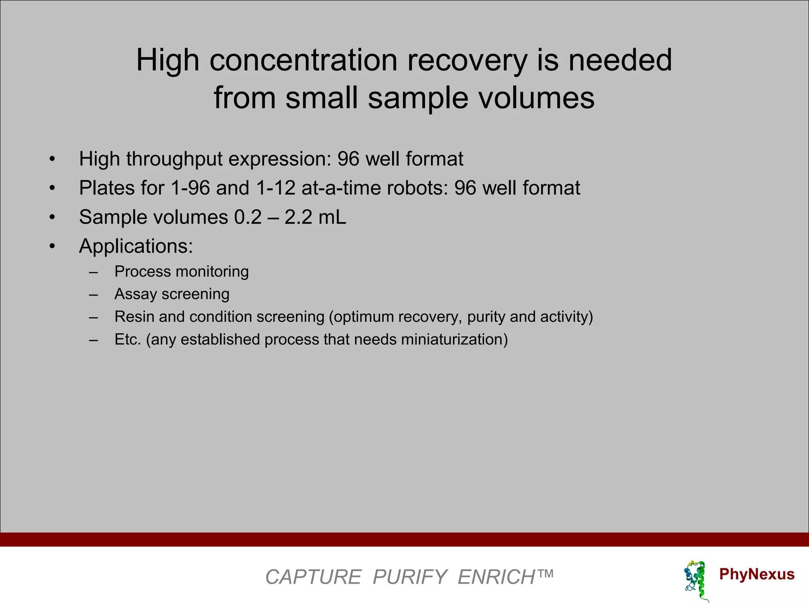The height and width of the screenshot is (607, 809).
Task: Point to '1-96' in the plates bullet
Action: tap(190, 188)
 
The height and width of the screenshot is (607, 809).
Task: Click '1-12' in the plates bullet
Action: tap(275, 188)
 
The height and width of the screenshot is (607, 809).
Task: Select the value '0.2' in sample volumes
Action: tap(248, 217)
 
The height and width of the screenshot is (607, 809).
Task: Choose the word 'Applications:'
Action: tap(136, 247)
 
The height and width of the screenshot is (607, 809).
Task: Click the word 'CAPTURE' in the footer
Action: tap(313, 577)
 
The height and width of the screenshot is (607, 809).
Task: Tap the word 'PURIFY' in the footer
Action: tap(410, 577)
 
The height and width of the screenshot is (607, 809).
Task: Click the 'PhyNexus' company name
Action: tap(756, 574)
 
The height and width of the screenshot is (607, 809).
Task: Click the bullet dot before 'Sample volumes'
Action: tap(52, 217)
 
